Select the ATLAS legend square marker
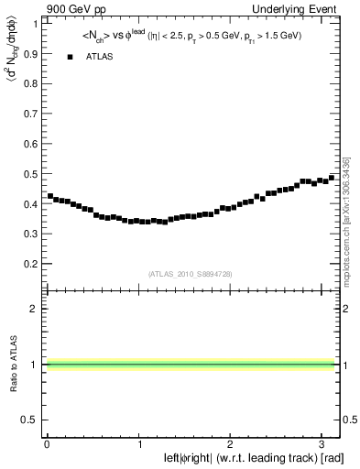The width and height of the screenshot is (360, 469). pos(70,57)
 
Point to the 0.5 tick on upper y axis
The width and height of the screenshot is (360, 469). pos(31,173)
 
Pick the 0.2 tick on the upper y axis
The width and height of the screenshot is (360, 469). pos(31,264)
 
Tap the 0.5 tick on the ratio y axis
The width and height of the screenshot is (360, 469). pos(31,420)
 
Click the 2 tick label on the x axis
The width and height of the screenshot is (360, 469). pos(231,443)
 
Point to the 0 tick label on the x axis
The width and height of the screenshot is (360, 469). pos(47,443)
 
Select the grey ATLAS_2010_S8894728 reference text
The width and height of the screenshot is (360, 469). pos(190,273)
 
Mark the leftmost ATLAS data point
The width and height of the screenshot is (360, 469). pos(50,195)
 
